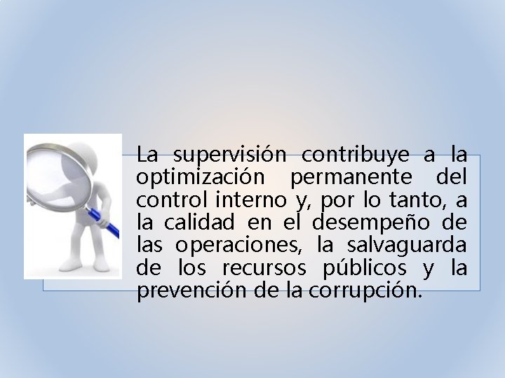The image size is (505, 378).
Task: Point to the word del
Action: click(x=453, y=177)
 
